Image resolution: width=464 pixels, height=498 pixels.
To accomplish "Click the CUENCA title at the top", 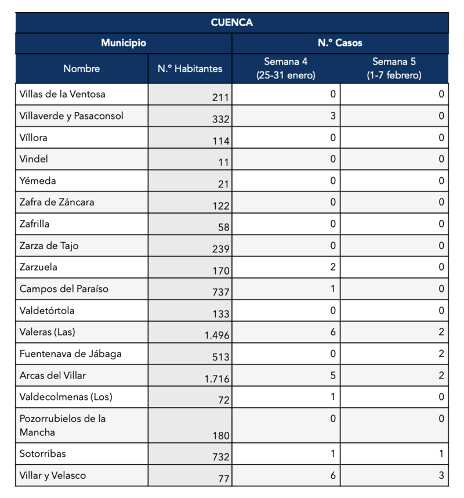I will (x=231, y=23).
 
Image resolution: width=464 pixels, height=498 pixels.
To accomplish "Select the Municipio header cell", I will (x=123, y=43).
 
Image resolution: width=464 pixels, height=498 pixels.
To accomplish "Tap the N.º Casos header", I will (x=340, y=43).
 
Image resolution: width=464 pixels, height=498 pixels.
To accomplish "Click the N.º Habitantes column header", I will (x=190, y=68).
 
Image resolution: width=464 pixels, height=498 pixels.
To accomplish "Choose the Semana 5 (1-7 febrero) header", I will (x=394, y=68).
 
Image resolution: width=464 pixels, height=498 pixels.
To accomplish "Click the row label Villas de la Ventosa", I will (x=62, y=94).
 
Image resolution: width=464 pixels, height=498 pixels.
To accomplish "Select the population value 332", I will (x=221, y=119).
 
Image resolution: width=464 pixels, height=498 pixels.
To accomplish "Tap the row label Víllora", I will (x=33, y=138).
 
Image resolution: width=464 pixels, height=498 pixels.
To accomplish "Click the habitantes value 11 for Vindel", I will (x=224, y=163).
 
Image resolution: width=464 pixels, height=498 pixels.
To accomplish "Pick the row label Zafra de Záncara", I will (x=56, y=203).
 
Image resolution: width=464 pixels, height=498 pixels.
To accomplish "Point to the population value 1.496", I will (x=217, y=335).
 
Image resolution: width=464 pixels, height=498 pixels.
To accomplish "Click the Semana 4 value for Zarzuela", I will (x=333, y=267).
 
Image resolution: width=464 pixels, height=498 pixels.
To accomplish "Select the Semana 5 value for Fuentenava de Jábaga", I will (x=441, y=353).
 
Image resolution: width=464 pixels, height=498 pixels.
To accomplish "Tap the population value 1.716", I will (x=217, y=379).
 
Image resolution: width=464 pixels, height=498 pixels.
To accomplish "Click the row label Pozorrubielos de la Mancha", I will (x=63, y=425).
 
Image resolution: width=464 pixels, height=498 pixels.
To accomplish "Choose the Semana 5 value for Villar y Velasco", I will (x=441, y=475).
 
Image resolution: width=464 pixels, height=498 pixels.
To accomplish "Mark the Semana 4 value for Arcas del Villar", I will (x=333, y=376).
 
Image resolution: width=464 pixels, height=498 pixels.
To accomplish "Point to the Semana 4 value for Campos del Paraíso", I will (x=333, y=288).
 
